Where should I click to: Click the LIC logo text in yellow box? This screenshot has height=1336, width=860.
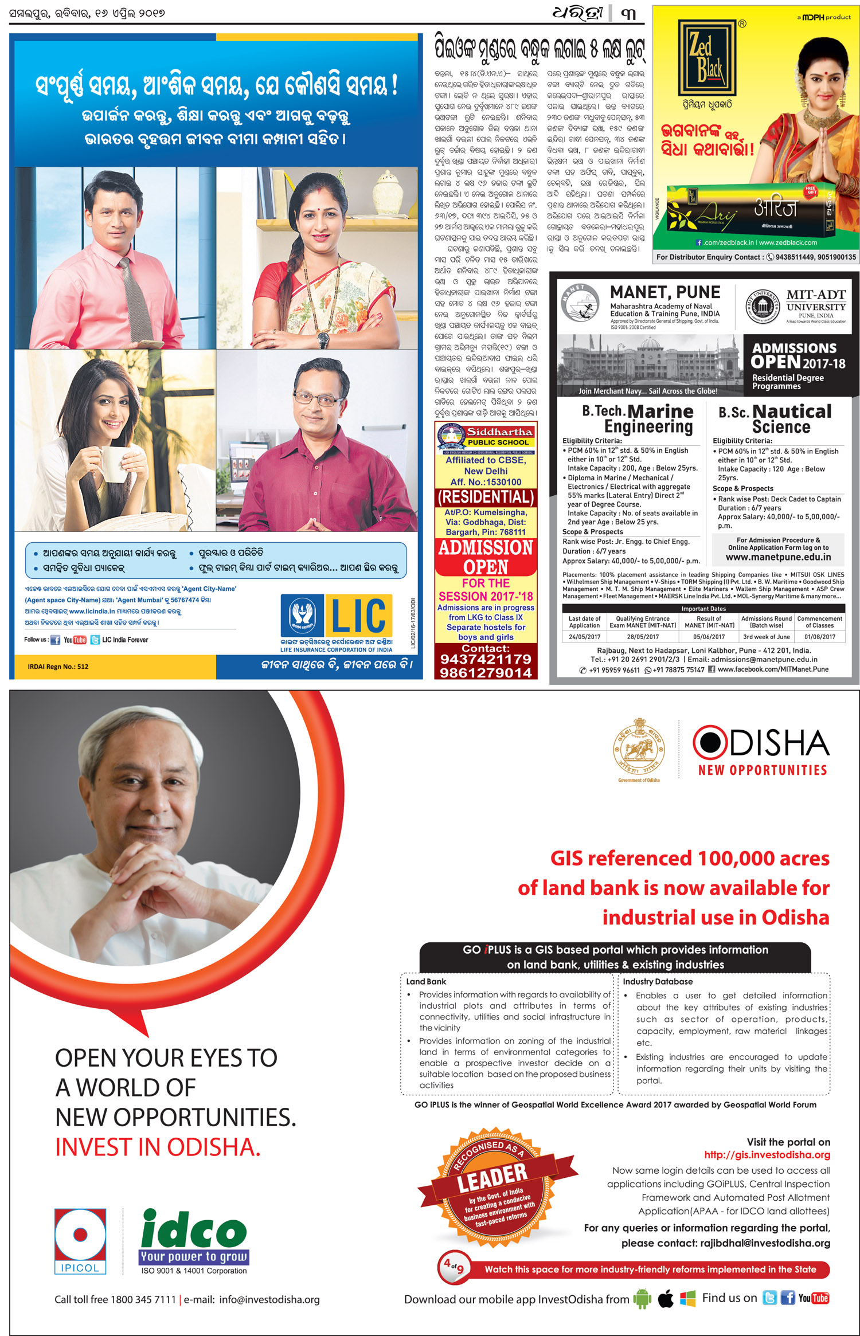359,616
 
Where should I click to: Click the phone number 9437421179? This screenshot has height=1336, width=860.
486,659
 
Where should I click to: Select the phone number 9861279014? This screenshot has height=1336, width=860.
486,672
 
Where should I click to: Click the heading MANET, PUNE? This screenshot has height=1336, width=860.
665,292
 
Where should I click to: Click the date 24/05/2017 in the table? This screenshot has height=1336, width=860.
584,637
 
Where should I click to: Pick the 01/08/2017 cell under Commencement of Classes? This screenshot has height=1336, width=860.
820,637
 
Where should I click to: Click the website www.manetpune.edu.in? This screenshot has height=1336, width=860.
778,557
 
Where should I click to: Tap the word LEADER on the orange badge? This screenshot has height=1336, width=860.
492,1177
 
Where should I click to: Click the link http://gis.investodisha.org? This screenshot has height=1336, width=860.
767,1155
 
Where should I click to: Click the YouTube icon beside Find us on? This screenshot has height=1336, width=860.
813,1298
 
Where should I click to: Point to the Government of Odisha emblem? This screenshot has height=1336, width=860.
638,747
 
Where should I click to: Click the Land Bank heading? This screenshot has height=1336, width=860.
426,981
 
